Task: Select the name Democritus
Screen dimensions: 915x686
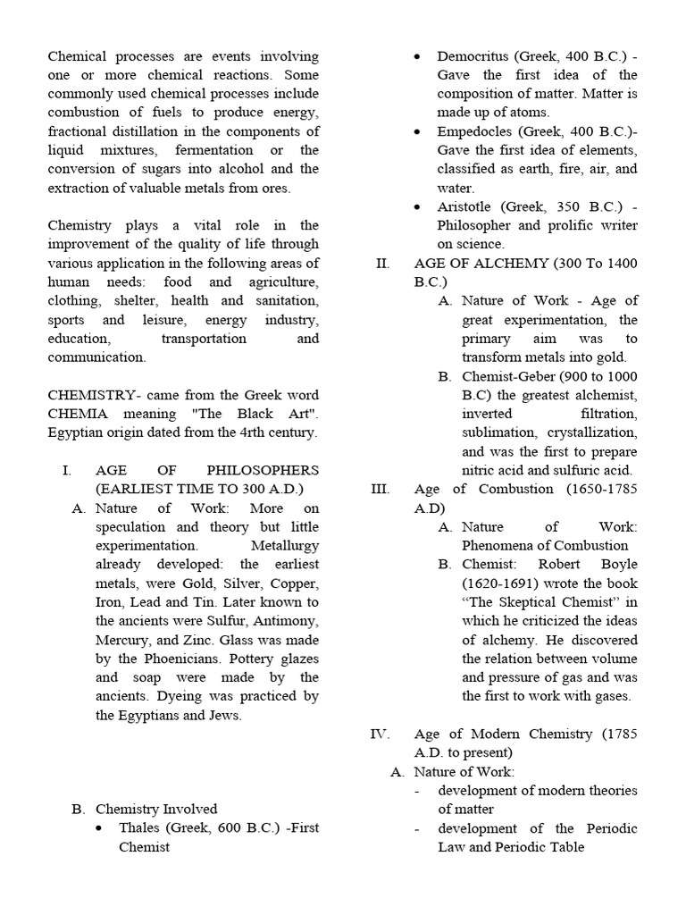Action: (x=473, y=56)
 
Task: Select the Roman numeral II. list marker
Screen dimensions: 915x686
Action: (x=382, y=264)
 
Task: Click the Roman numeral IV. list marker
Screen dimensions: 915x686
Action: (x=380, y=734)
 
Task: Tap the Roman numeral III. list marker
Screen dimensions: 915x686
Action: (x=380, y=489)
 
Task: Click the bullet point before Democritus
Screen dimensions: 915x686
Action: (x=419, y=57)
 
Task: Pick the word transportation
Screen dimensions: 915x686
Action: (x=204, y=339)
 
